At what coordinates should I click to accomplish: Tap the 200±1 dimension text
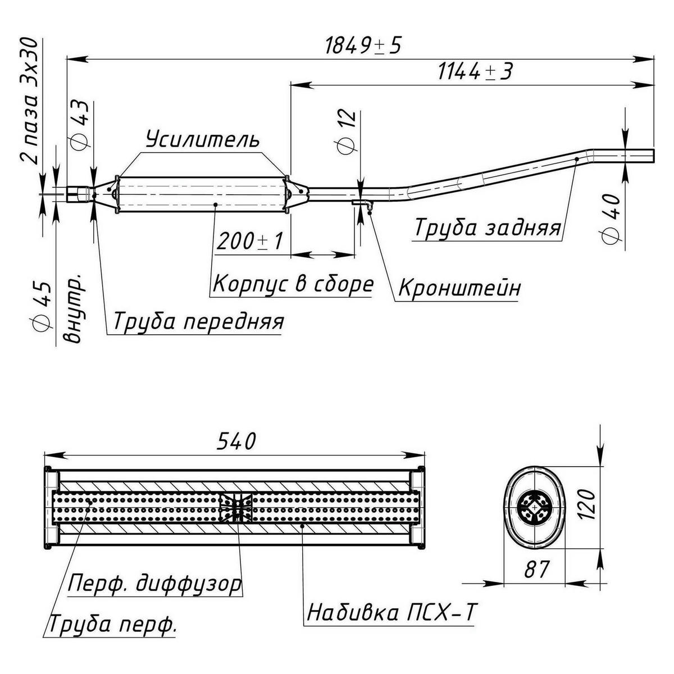[249, 242]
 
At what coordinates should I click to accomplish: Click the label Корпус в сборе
[292, 284]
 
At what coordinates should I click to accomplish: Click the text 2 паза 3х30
[29, 101]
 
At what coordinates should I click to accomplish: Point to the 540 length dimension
[235, 440]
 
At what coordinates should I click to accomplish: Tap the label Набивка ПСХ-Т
[391, 612]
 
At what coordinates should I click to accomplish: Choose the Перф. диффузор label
[155, 584]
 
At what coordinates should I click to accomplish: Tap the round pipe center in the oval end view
[534, 506]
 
